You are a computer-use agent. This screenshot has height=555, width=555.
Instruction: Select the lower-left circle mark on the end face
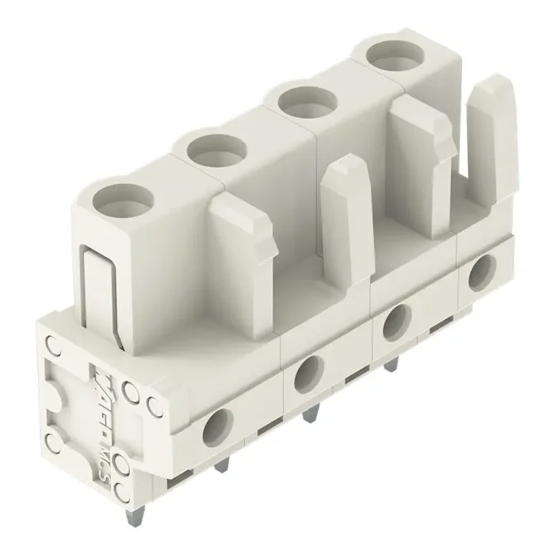coord(54,440)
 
